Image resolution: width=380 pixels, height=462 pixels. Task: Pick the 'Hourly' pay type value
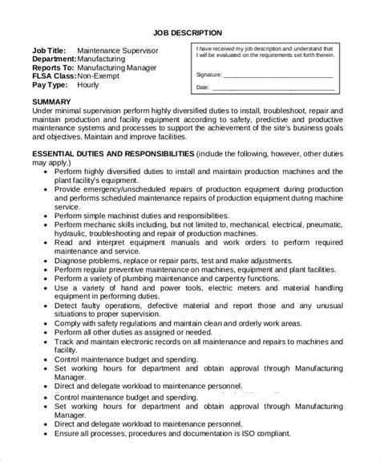pyautogui.click(x=89, y=86)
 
